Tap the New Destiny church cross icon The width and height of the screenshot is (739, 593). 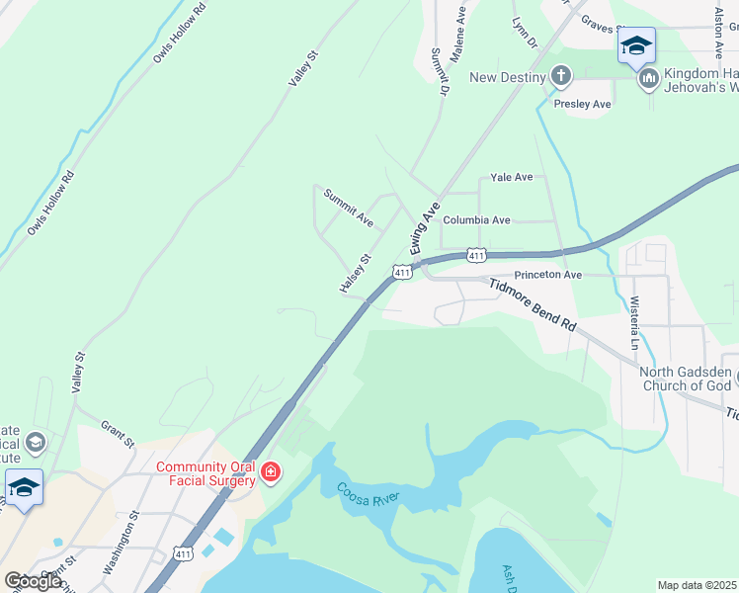click(x=561, y=77)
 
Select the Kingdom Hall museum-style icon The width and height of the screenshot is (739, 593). click(x=649, y=78)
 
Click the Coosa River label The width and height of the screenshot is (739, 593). click(x=365, y=496)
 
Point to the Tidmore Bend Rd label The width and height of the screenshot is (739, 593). click(x=532, y=302)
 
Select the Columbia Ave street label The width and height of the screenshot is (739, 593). click(x=476, y=220)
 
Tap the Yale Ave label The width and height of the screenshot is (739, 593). click(x=512, y=178)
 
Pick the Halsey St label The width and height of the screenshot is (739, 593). click(x=355, y=273)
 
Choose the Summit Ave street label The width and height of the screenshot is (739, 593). click(x=349, y=206)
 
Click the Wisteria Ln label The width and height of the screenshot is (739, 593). click(x=634, y=322)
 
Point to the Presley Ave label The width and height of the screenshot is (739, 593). click(x=583, y=104)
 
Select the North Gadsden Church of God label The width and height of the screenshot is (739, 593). click(x=686, y=379)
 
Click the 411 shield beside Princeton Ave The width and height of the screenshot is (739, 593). click(x=476, y=256)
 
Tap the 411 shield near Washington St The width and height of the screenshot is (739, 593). click(x=183, y=554)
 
